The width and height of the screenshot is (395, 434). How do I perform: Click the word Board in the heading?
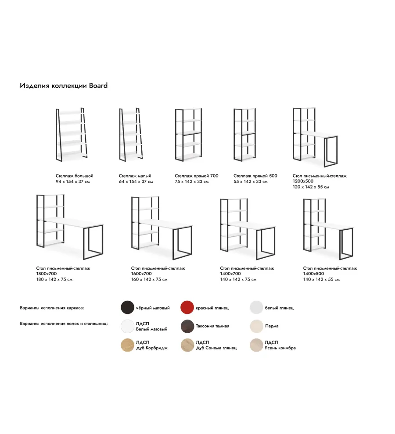(98, 85)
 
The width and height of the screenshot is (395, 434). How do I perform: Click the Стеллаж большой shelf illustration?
(72, 135)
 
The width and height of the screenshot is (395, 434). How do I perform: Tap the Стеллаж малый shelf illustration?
(131, 135)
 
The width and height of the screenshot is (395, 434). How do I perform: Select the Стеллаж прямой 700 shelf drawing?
(188, 135)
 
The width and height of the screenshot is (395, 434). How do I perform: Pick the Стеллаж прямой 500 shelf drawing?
(245, 135)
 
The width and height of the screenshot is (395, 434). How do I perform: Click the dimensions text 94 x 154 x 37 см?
(72, 181)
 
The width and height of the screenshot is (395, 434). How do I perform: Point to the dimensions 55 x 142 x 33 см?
(250, 181)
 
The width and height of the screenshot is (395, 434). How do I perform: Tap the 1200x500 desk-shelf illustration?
(315, 137)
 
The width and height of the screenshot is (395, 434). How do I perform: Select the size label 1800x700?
(46, 274)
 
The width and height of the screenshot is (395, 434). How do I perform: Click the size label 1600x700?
(141, 274)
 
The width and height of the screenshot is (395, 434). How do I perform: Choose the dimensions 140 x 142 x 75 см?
(238, 280)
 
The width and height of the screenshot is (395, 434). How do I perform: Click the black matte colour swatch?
(128, 307)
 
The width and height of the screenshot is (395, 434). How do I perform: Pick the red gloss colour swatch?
(187, 307)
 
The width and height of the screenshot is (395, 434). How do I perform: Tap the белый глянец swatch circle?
(256, 307)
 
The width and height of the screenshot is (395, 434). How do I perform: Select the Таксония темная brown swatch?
(187, 326)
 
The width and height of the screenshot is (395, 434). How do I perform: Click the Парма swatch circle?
(256, 326)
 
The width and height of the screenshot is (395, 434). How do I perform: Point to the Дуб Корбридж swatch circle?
(128, 345)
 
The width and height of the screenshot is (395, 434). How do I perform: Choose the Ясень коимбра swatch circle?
(256, 345)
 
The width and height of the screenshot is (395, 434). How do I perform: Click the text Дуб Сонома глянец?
(216, 348)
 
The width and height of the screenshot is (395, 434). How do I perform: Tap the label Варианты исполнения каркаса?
(52, 308)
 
